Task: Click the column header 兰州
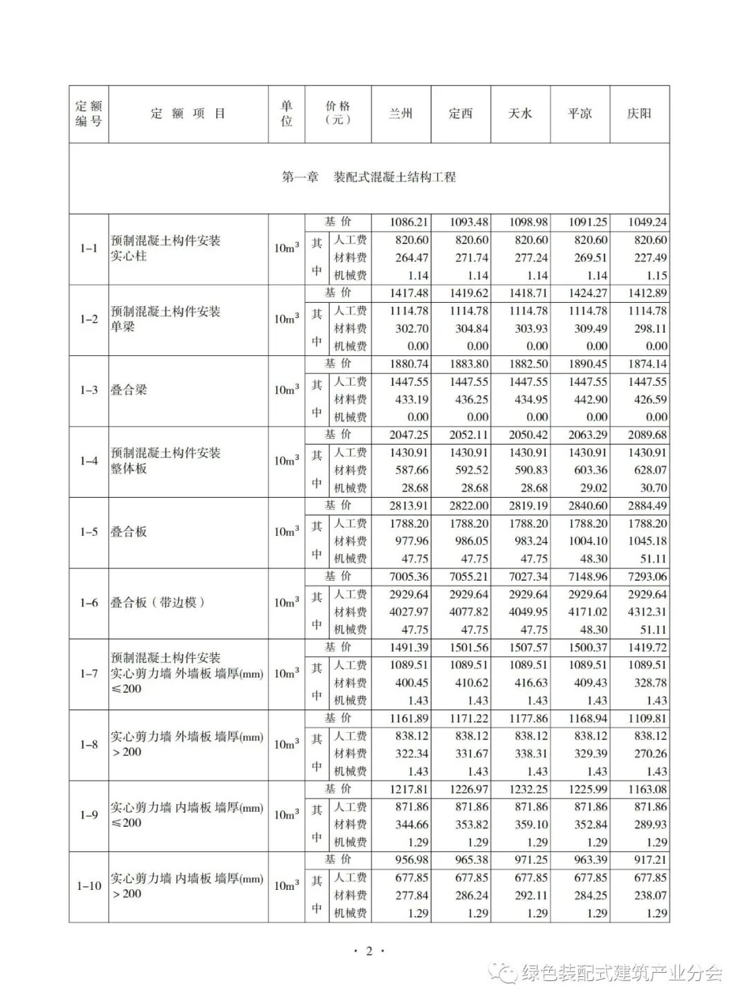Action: pyautogui.click(x=400, y=113)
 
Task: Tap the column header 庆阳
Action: pyautogui.click(x=639, y=113)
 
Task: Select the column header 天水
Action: pyautogui.click(x=520, y=113)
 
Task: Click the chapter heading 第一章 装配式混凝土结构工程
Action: pyautogui.click(x=369, y=177)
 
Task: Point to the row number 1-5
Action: pyautogui.click(x=89, y=532)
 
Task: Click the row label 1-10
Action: pyautogui.click(x=89, y=886)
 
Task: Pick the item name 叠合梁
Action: pyautogui.click(x=129, y=390)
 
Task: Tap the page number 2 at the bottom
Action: pyautogui.click(x=369, y=951)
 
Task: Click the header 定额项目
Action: pyautogui.click(x=188, y=113)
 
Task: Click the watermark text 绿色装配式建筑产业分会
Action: pyautogui.click(x=621, y=974)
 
